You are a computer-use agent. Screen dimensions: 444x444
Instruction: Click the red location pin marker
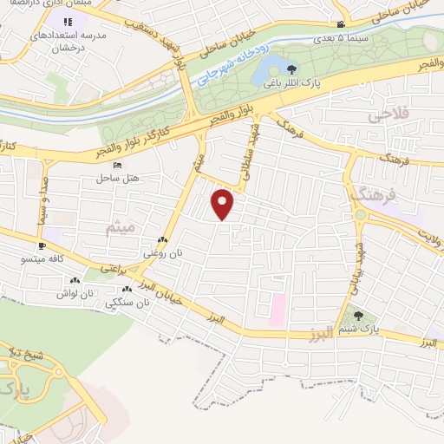coord(224,204)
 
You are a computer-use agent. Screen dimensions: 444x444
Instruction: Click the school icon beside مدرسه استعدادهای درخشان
coord(69,19)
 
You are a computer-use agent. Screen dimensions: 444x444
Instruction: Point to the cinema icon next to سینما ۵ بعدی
coord(341,24)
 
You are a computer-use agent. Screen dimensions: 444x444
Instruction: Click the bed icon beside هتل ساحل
coord(118,166)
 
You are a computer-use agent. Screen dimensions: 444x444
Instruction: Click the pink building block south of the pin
coord(277,310)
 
